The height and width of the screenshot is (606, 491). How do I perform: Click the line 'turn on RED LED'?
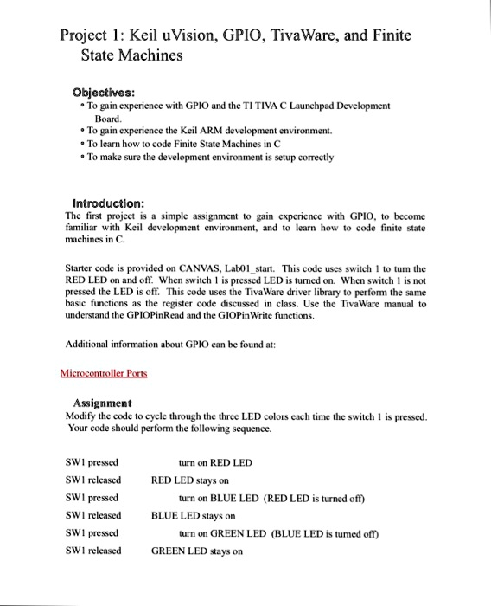pos(214,462)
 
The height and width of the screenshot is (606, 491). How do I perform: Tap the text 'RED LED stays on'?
pos(189,480)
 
